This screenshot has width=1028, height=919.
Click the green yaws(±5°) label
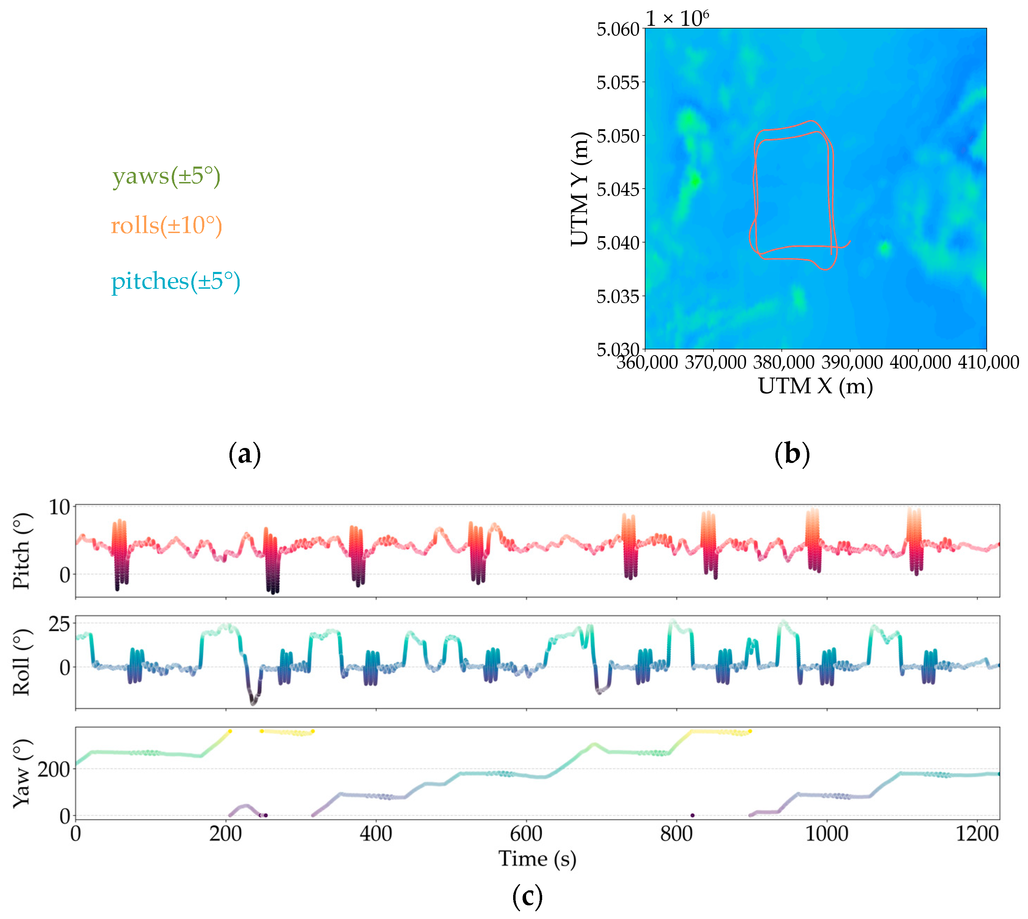[x=166, y=176]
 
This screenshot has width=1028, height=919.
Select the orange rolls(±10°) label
[x=166, y=225]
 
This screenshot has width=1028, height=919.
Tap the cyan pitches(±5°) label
[x=176, y=281]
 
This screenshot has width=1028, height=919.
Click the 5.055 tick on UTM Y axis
[x=618, y=82]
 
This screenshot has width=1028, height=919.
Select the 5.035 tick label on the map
[x=618, y=296]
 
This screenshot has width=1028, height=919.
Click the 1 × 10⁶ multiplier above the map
[x=677, y=18]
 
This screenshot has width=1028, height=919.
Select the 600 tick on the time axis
[x=526, y=833]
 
